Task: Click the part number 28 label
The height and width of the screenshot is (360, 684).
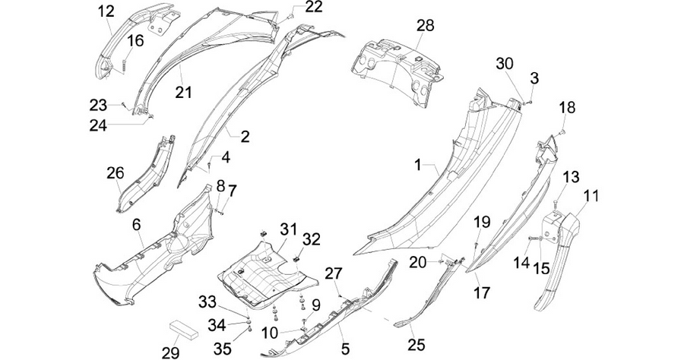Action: (425, 25)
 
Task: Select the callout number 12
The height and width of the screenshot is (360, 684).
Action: (106, 11)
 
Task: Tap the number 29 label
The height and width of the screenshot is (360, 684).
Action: (170, 352)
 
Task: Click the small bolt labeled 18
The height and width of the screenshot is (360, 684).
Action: (562, 131)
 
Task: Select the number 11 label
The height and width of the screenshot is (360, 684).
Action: (591, 196)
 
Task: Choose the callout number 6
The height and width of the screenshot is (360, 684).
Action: (137, 225)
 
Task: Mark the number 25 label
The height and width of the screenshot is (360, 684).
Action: (416, 345)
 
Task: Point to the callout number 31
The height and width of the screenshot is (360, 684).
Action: (288, 229)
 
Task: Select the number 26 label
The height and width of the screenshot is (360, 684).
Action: (116, 172)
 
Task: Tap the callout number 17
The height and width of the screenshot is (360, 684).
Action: (482, 292)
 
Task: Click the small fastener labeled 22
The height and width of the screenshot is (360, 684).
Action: (290, 17)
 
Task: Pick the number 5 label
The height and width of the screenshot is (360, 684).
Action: (345, 349)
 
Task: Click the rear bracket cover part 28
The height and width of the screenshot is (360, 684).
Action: (395, 71)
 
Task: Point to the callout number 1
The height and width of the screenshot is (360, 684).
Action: (417, 165)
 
